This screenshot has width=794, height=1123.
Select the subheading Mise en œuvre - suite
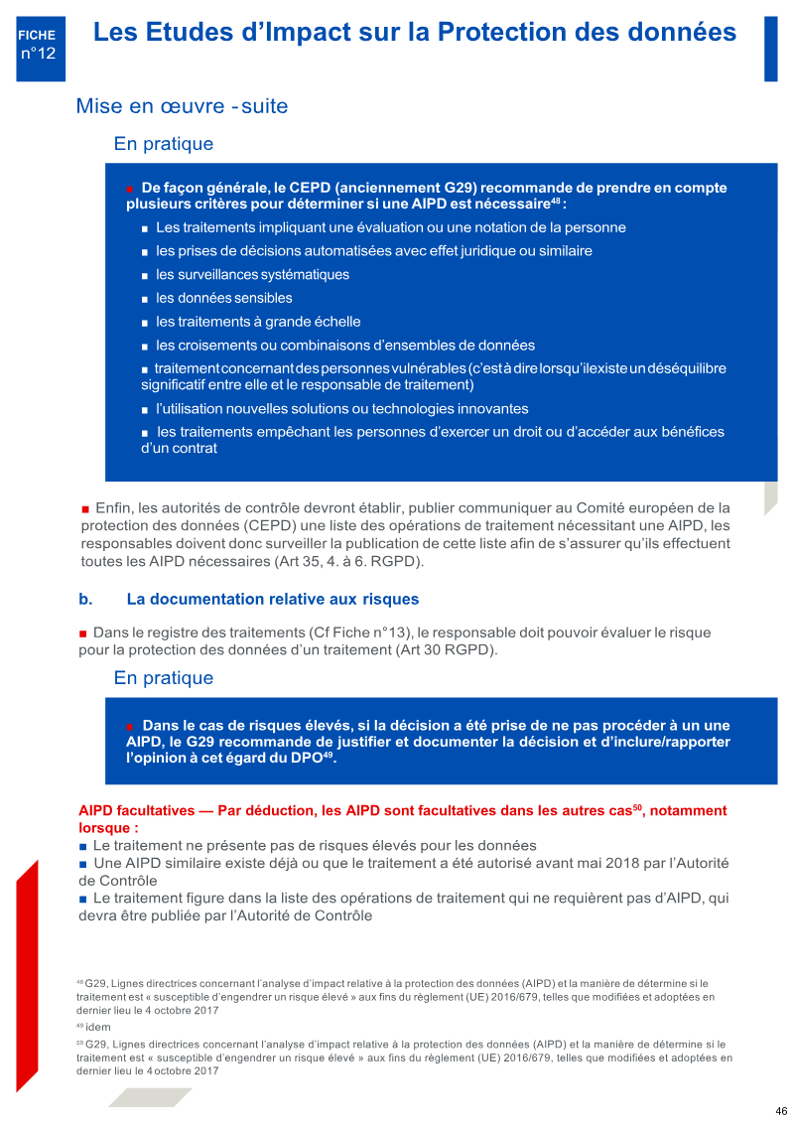(x=182, y=105)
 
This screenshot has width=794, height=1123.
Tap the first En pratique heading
(x=164, y=144)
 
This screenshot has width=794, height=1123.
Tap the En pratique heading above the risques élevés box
(x=164, y=678)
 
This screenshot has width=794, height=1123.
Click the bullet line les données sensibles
(x=223, y=298)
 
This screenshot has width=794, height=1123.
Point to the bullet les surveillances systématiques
(x=252, y=274)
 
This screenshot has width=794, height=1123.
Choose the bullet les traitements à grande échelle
(x=258, y=322)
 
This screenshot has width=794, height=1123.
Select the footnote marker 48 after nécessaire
(x=555, y=202)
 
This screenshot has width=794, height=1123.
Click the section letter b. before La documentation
(x=85, y=600)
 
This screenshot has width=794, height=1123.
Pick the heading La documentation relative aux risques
(x=273, y=600)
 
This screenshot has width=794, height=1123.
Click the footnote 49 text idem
(x=98, y=1027)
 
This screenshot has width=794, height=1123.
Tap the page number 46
(x=781, y=1111)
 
